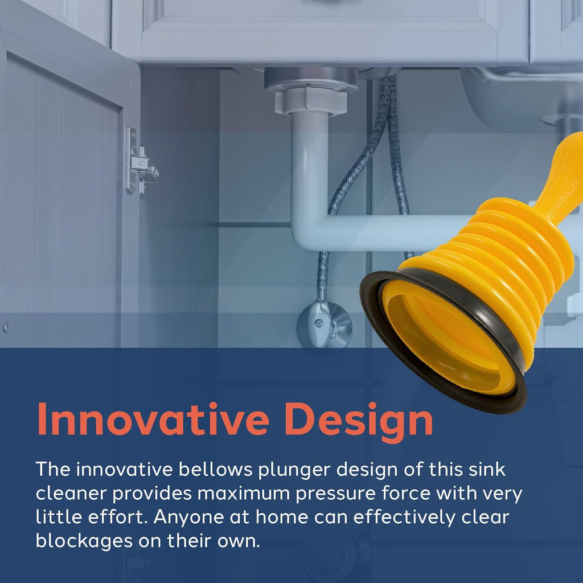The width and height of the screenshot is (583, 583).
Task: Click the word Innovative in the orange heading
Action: tap(152, 420)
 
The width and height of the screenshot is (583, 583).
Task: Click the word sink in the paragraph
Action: tap(488, 470)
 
